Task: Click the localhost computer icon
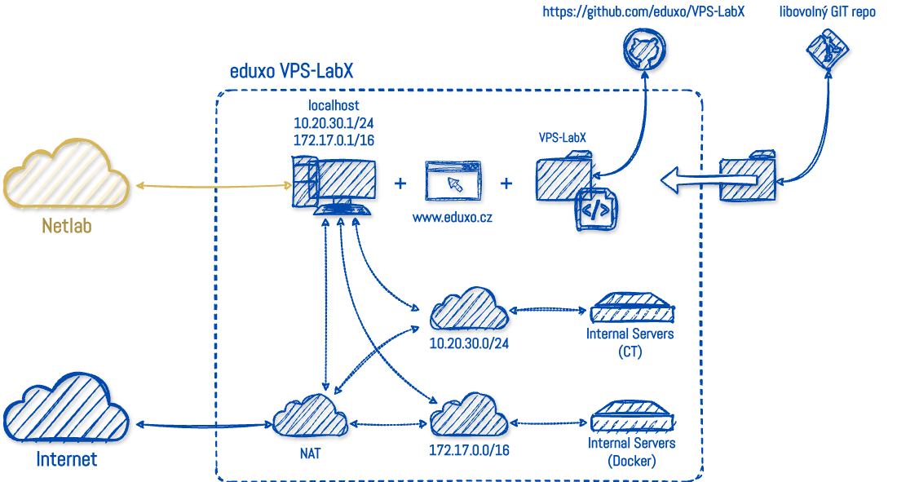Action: tap(335, 187)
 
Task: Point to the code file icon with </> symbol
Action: tap(596, 210)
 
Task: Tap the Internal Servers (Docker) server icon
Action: tap(633, 418)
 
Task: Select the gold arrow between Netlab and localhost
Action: tap(214, 186)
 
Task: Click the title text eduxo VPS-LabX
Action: tap(291, 71)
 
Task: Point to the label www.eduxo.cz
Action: tap(452, 219)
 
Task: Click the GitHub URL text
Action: tap(643, 13)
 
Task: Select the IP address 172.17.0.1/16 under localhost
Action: tap(334, 139)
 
